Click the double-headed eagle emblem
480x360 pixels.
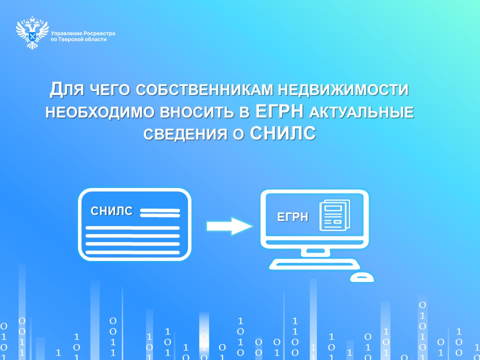pyautogui.click(x=32, y=33)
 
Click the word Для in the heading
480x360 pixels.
pyautogui.click(x=66, y=89)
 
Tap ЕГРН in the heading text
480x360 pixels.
pyautogui.click(x=279, y=111)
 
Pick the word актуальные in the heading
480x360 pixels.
pyautogui.click(x=361, y=112)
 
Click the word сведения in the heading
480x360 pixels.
pyautogui.click(x=185, y=134)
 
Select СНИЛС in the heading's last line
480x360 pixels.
pyautogui.click(x=283, y=133)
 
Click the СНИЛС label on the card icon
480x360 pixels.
pyautogui.click(x=111, y=211)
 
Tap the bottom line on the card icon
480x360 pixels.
pyautogui.click(x=132, y=252)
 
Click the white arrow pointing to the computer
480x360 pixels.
pyautogui.click(x=229, y=226)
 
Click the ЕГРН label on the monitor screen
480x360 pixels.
pyautogui.click(x=292, y=217)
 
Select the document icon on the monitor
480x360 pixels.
pyautogui.click(x=334, y=215)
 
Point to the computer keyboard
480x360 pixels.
pyautogui.click(x=314, y=264)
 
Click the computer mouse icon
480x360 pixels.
pyautogui.click(x=362, y=277)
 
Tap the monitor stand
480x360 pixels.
pyautogui.click(x=315, y=252)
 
